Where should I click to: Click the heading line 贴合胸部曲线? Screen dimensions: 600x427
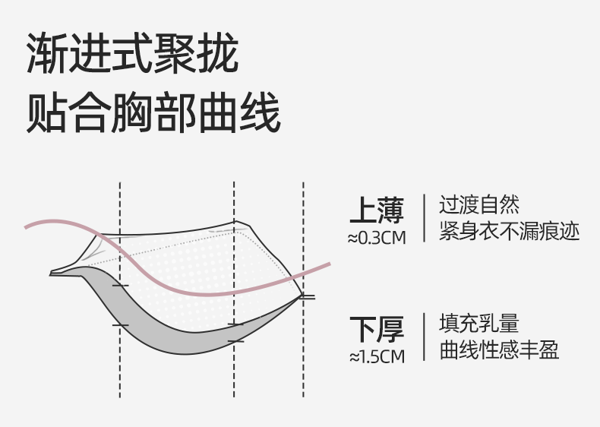pyautogui.click(x=153, y=113)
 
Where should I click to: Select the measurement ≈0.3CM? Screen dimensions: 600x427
pyautogui.click(x=377, y=238)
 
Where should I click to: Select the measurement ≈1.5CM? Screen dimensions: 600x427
pyautogui.click(x=377, y=356)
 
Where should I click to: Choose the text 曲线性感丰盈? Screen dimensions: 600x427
pyautogui.click(x=499, y=350)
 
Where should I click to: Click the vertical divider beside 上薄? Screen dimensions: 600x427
pyautogui.click(x=422, y=218)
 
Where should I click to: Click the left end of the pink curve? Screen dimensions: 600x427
pyautogui.click(x=27, y=226)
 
